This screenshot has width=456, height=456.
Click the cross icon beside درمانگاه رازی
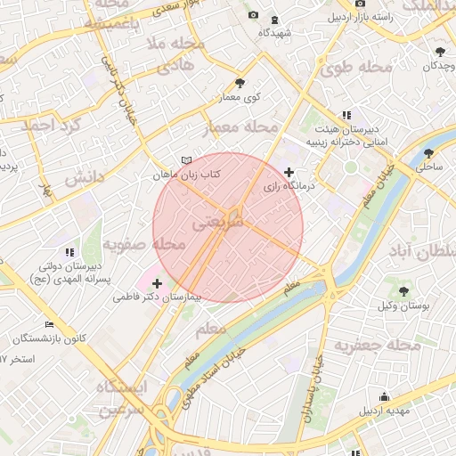288,171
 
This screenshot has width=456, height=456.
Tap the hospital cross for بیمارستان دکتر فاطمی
158,282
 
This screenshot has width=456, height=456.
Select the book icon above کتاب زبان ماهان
185,160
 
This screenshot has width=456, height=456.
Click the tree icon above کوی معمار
240,82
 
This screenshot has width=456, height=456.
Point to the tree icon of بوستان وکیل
403,290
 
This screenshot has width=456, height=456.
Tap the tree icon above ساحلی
429,152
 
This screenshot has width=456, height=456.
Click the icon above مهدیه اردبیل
384,396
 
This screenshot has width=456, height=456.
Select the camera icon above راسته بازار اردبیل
360,3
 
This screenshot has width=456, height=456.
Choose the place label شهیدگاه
275,32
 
